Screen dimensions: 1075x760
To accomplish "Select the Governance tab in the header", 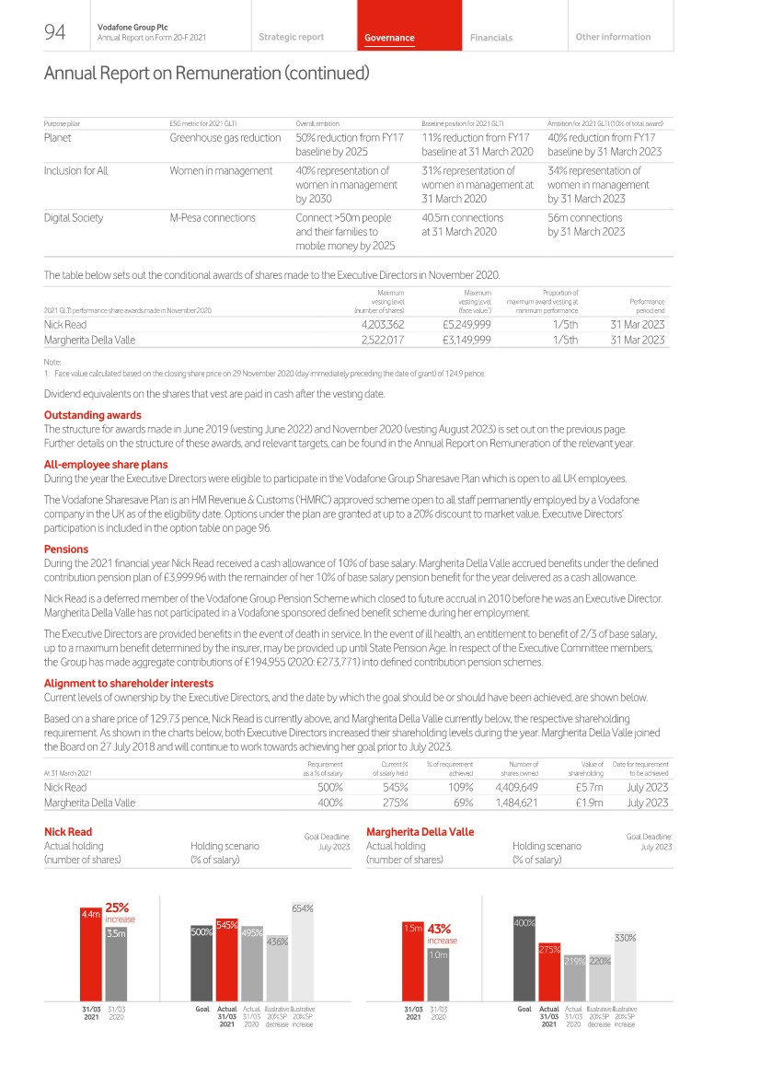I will click(x=389, y=38).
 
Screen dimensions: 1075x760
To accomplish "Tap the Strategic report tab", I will click(x=291, y=37).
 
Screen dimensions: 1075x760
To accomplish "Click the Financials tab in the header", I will click(x=490, y=38).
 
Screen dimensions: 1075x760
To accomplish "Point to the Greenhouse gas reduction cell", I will click(x=225, y=138).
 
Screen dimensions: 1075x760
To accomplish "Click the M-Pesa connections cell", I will click(x=213, y=218).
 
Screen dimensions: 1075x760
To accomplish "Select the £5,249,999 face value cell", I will click(x=466, y=324).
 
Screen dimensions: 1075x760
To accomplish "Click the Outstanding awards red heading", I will click(x=93, y=415).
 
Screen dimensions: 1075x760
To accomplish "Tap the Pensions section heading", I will click(x=65, y=549).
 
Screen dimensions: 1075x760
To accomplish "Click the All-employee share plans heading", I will click(x=106, y=465).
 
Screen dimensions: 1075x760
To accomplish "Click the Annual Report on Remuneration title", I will click(x=206, y=73).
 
